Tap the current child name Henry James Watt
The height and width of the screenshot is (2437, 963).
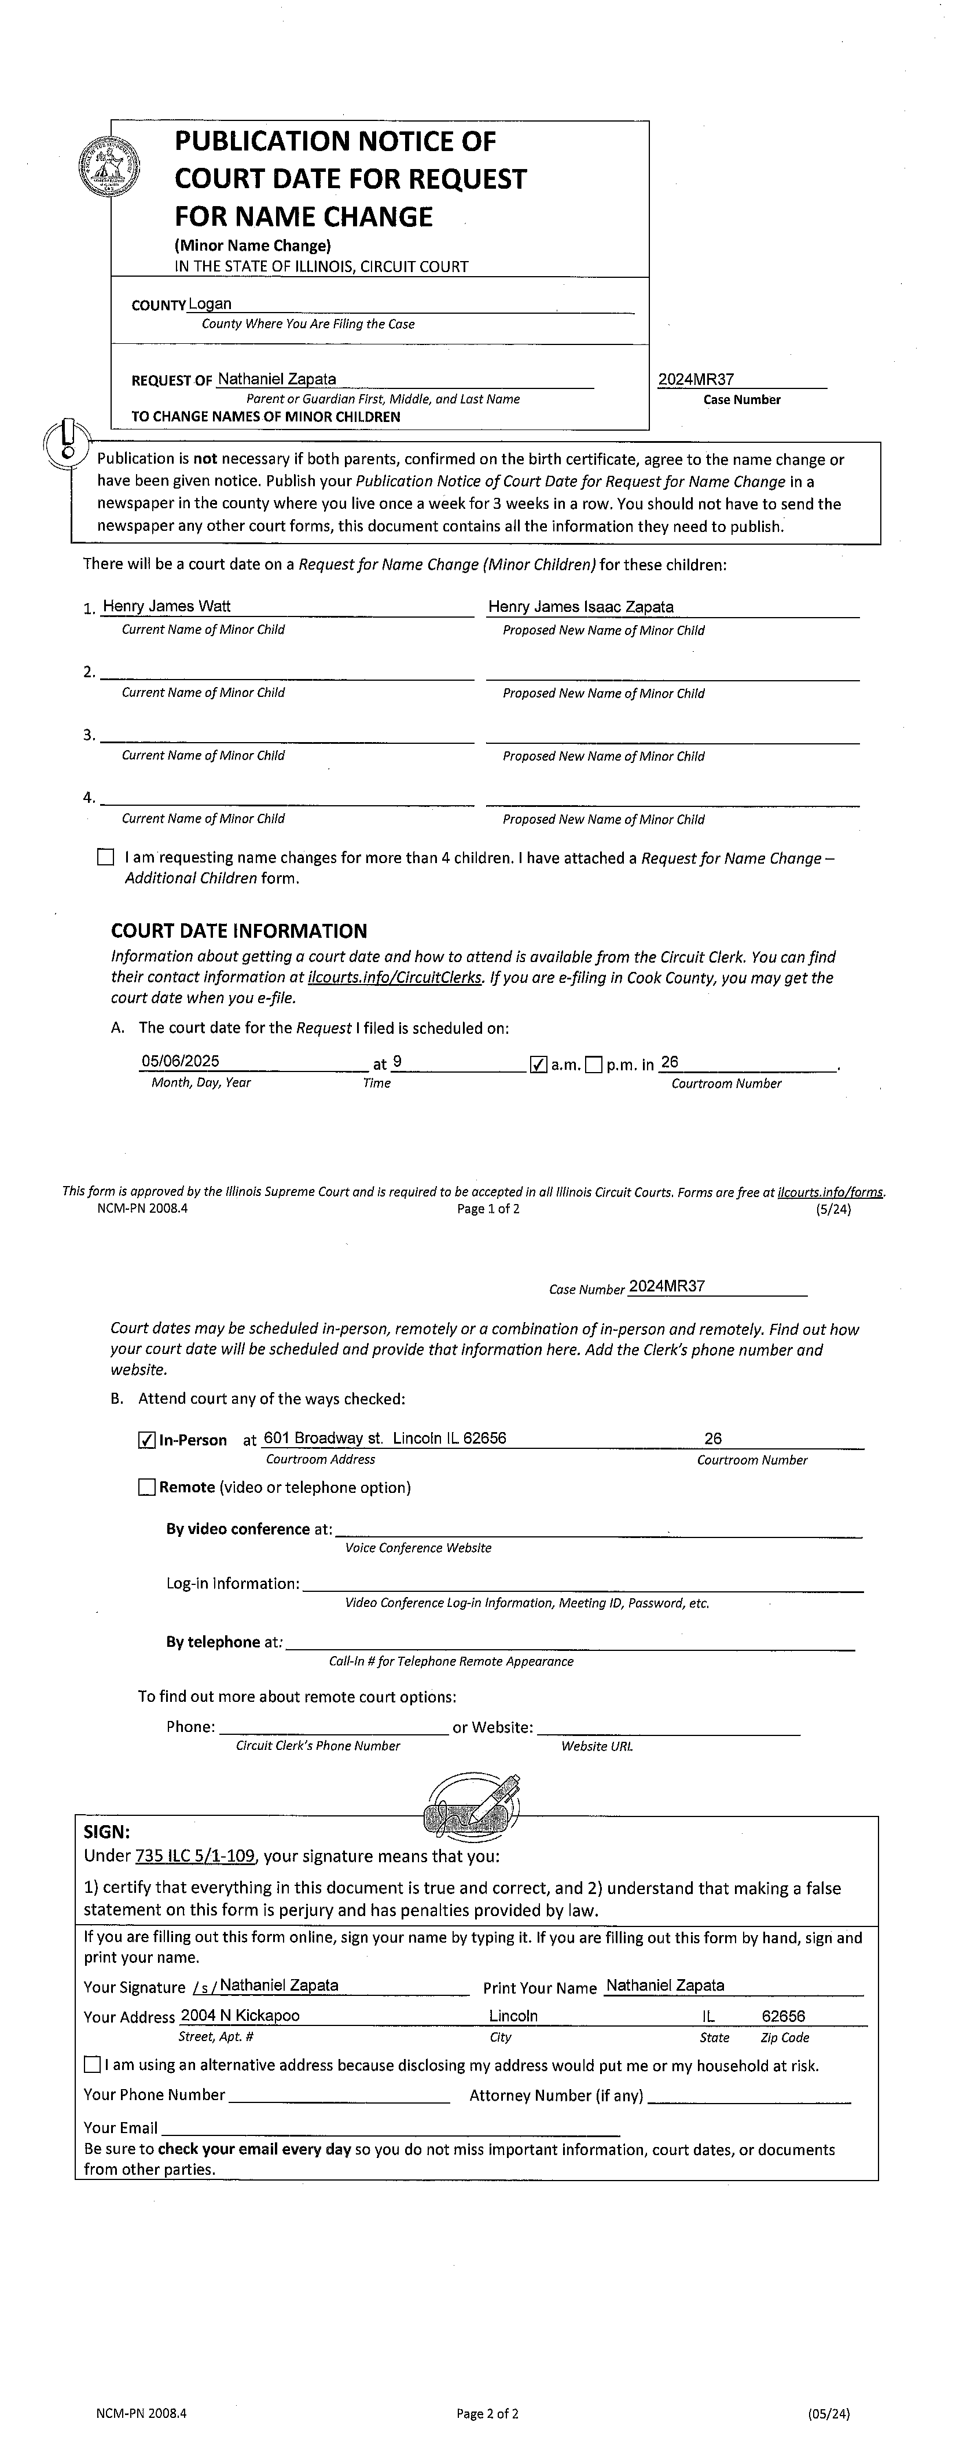(167, 607)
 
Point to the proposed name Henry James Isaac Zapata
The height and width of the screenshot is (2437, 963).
(581, 607)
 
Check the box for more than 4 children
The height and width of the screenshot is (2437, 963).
(105, 858)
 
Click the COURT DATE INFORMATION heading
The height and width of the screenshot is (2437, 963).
(238, 931)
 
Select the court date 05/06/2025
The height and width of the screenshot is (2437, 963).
(180, 1062)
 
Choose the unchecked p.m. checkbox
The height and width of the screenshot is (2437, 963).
(593, 1065)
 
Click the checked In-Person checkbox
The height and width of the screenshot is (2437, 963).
(146, 1440)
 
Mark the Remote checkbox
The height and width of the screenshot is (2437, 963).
(146, 1487)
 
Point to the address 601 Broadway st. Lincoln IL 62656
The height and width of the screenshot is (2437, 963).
(384, 1438)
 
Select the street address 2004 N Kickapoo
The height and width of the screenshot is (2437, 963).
(240, 2015)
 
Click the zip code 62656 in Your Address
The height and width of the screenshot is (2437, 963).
(783, 2016)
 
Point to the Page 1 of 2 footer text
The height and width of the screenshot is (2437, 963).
(488, 1208)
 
